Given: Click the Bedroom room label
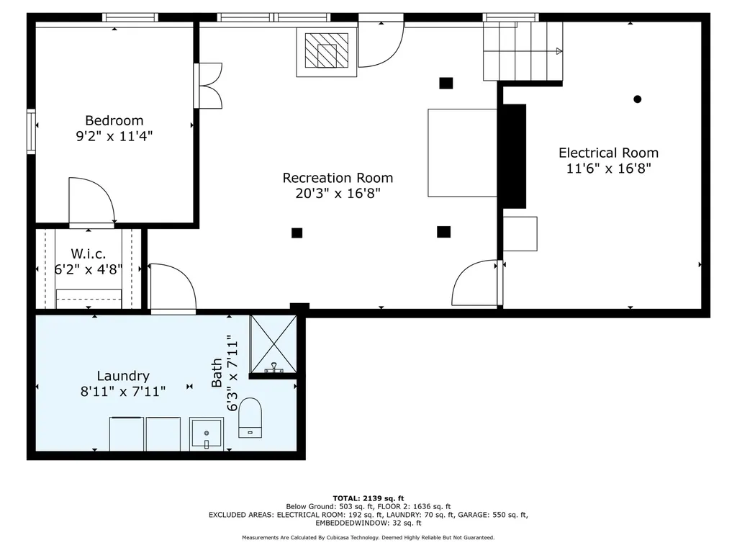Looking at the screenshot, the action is click(x=114, y=120).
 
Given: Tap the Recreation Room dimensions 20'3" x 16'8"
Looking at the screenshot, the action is click(x=338, y=193).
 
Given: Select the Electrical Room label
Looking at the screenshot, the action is click(x=608, y=153).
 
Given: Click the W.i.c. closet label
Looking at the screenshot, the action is click(x=89, y=254).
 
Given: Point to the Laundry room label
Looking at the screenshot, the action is click(x=123, y=376).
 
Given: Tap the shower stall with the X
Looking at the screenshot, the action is click(x=273, y=344).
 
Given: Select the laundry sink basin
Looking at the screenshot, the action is click(x=207, y=433).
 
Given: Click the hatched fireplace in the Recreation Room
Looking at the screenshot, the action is click(x=327, y=52).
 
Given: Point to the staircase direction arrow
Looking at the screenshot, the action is click(x=559, y=51).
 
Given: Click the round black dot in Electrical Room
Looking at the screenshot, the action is click(x=638, y=99).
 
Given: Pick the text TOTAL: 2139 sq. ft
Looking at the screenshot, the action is click(x=368, y=498).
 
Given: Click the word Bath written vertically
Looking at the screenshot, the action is click(x=216, y=373).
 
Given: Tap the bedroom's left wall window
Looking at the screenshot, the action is click(x=31, y=131).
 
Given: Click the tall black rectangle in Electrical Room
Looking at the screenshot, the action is click(x=514, y=156).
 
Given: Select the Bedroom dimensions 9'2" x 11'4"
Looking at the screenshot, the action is click(x=114, y=136).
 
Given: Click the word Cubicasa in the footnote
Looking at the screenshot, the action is click(x=339, y=537).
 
